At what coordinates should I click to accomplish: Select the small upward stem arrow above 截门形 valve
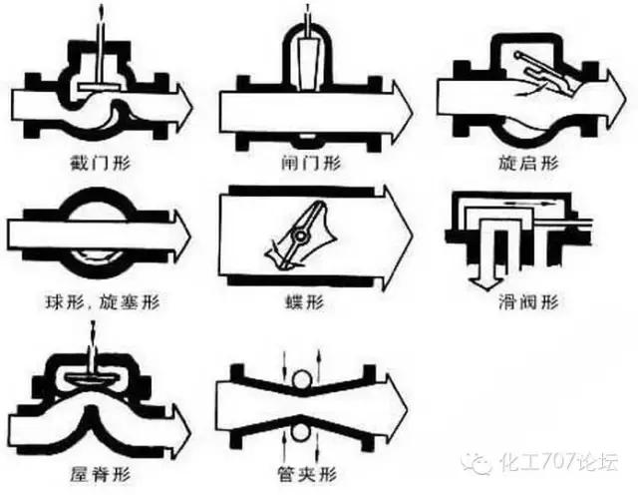pyautogui.click(x=101, y=14)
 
